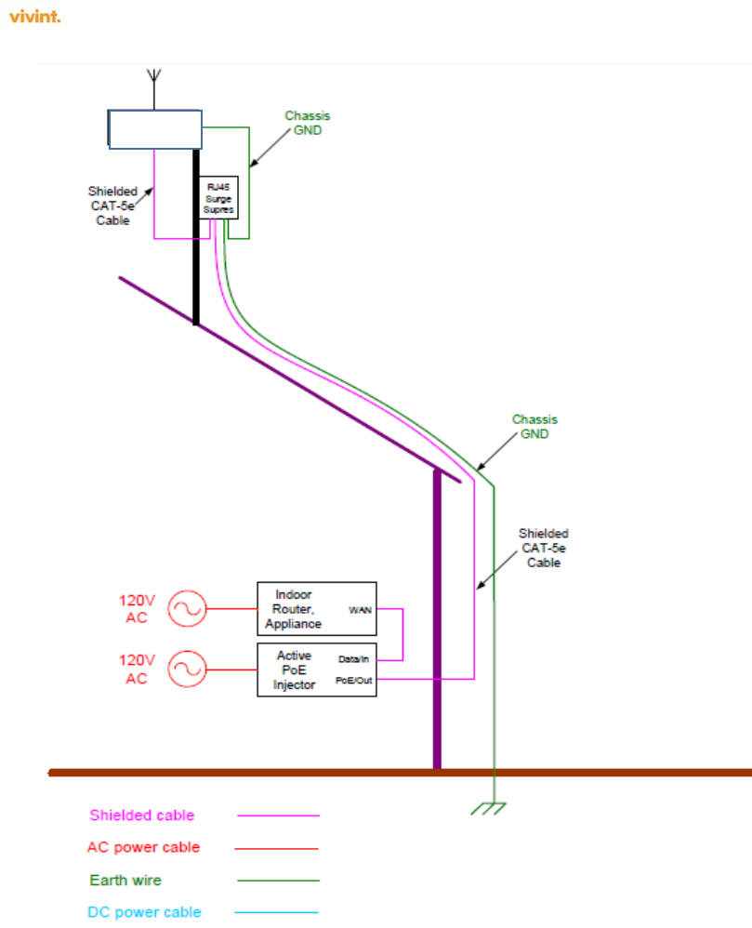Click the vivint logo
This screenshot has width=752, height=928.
pos(34,17)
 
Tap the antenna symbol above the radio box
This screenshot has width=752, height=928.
pos(155,79)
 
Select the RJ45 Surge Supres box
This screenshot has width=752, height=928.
pos(219,198)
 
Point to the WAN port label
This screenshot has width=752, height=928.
pos(361,610)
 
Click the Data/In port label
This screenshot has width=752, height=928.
pos(353,658)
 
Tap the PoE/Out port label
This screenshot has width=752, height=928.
pos(353,680)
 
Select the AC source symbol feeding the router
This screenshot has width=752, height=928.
pos(186,609)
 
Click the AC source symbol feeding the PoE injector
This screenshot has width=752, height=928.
pos(186,669)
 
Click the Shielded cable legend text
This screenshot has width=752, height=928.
pos(142,815)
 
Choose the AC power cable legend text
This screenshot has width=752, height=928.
pos(143,848)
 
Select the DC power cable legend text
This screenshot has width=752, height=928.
pos(144,912)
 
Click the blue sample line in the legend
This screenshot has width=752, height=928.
pos(276,912)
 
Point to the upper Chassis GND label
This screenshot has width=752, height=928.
pos(307,123)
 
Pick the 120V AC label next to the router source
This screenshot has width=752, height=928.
pos(136,609)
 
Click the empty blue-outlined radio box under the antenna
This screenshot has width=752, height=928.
pos(155,129)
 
